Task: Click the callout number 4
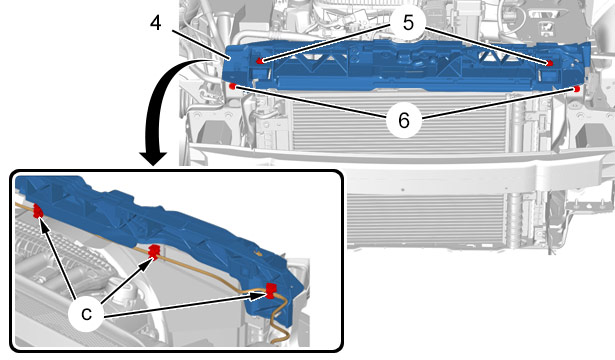156,23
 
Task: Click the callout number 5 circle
408,23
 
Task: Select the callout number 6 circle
404,120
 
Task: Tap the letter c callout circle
86,313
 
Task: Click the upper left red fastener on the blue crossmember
259,61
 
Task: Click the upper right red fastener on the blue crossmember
549,63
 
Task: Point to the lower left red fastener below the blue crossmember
232,86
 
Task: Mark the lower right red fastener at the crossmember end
576,89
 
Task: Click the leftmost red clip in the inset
38,211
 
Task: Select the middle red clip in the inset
154,251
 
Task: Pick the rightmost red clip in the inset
271,290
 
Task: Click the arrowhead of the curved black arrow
153,159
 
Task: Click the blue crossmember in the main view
404,65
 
